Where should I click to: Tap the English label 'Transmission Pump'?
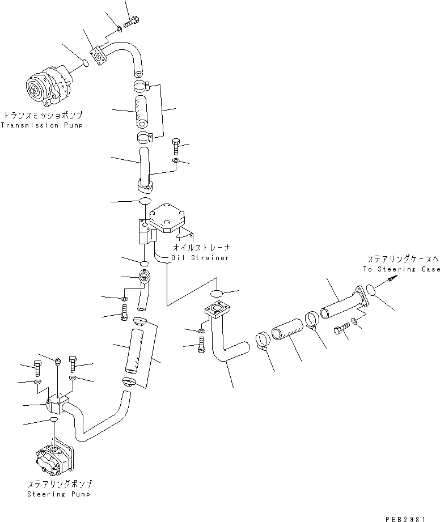[x=41, y=125]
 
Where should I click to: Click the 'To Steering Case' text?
[x=401, y=269]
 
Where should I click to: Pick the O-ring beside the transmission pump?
[x=83, y=62]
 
